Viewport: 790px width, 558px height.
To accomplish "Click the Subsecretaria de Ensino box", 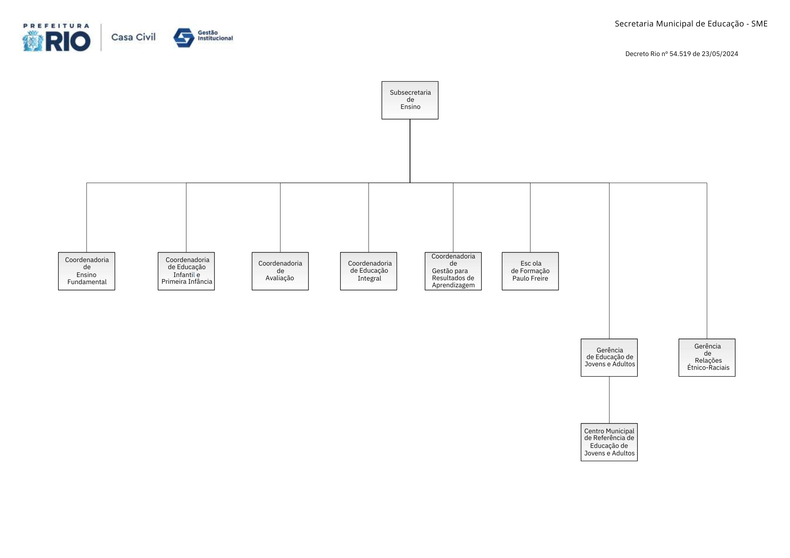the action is tap(410, 100).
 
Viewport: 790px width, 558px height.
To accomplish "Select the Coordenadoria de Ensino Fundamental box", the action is tap(87, 271).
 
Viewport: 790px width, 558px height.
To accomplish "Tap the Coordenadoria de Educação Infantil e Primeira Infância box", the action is tap(186, 271).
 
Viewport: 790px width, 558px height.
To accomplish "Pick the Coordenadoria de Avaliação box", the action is tap(280, 271).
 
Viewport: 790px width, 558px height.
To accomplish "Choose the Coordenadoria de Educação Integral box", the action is tap(369, 271).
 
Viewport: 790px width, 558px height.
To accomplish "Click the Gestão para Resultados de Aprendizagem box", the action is tap(453, 271).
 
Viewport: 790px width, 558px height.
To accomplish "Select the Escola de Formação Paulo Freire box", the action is tap(530, 271).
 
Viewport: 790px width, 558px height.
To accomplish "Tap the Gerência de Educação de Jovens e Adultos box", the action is tap(609, 358).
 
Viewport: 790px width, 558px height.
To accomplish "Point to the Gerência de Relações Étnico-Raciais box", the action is tap(707, 358).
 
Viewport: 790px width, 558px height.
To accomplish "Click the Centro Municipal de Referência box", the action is tap(609, 442).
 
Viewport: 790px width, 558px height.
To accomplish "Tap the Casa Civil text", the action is tap(134, 37).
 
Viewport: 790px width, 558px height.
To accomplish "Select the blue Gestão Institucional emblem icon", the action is tap(184, 38).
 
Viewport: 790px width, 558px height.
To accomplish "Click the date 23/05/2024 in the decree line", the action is tap(720, 54).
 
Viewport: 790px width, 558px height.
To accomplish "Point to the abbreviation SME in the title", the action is tap(759, 24).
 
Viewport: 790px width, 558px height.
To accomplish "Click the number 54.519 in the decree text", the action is tap(680, 54).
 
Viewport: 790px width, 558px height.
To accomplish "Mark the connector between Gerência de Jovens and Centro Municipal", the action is tap(609, 400).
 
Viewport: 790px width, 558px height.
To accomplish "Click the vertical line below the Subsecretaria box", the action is tap(410, 151).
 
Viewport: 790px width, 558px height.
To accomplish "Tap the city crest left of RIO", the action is tap(33, 41).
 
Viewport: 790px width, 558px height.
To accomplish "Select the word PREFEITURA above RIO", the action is tap(56, 26).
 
